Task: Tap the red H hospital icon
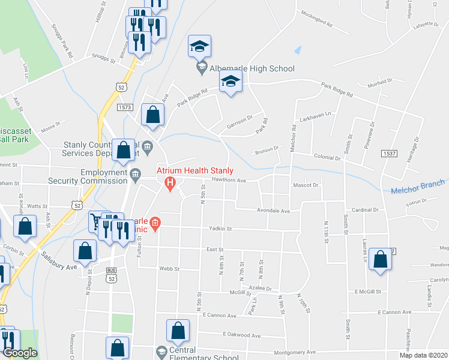pos(170,183)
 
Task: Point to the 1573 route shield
pos(125,107)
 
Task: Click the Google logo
pos(20,353)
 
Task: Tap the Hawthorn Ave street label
pos(229,180)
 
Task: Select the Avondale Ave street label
pos(274,211)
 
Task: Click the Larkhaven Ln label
pos(316,119)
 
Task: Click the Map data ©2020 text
pos(423,355)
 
